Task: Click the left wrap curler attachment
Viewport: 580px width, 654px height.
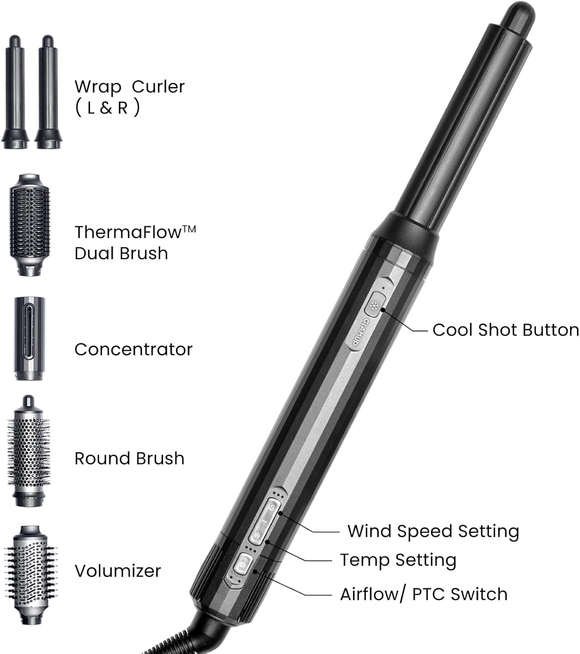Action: pos(15,92)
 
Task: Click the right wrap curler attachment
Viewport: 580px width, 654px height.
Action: pos(48,92)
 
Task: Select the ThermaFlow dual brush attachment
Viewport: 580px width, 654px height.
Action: pos(30,225)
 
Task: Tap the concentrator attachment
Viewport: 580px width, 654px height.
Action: pos(29,338)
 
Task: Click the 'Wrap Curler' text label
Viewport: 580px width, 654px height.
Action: pos(130,87)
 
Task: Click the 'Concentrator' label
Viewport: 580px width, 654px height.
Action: pos(133,349)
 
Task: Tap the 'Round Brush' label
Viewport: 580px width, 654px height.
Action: pos(130,458)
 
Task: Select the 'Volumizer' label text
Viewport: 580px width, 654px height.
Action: pos(118,571)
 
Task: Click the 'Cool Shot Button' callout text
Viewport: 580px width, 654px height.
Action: pos(505,330)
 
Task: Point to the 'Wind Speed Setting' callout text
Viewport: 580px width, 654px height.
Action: pos(433,531)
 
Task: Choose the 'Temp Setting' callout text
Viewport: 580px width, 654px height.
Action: pos(398,560)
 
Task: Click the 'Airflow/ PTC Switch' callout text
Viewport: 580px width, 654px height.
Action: pos(423,594)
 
